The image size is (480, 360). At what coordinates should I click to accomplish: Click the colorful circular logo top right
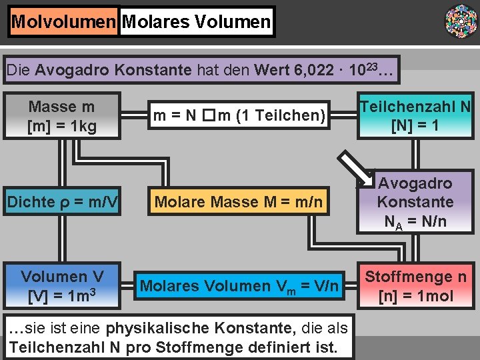[x=461, y=21]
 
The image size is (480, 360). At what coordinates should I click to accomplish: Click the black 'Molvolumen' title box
[x=64, y=22]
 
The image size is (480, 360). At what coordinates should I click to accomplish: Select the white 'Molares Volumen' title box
[x=197, y=22]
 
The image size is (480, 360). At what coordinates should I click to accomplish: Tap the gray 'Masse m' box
[x=62, y=116]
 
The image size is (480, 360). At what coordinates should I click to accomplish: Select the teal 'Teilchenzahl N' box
[x=415, y=115]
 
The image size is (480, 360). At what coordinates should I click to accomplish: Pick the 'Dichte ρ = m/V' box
[x=62, y=202]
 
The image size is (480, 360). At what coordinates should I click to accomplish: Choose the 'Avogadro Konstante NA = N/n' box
[x=415, y=202]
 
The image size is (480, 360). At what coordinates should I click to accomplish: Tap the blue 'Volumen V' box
[x=62, y=286]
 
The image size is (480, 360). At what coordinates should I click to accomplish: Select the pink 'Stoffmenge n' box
[x=415, y=286]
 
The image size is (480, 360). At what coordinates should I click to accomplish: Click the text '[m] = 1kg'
[x=62, y=125]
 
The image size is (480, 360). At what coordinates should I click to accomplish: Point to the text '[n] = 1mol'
[x=415, y=296]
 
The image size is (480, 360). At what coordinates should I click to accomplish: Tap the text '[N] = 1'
[x=415, y=125]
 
